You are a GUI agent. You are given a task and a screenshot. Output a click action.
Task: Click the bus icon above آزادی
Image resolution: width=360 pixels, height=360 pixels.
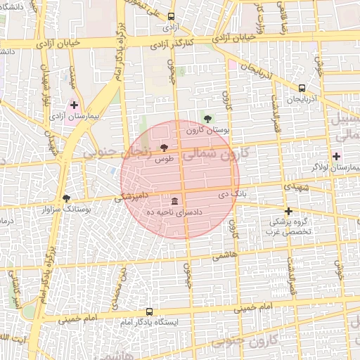(x=172, y=16)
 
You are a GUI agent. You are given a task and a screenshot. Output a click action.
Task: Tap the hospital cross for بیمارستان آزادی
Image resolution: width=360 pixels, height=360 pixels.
(x=74, y=105)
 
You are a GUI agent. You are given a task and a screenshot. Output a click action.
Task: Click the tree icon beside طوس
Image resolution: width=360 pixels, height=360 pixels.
(x=164, y=148)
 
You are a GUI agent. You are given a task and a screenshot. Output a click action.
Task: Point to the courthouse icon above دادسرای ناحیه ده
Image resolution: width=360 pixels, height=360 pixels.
(x=174, y=200)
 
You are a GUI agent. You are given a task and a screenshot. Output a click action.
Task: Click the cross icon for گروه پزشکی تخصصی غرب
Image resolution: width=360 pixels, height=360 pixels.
(x=288, y=210)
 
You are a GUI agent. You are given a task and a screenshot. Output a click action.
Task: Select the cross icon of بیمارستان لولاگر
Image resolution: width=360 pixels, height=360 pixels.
(x=337, y=156)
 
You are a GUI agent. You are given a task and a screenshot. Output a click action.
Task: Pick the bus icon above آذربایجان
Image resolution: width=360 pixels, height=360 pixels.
(x=302, y=89)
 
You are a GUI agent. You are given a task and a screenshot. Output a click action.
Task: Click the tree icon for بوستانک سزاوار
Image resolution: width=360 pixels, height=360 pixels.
(x=67, y=198)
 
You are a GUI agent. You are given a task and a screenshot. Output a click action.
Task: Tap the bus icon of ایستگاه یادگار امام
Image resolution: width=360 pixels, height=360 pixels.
(x=149, y=311)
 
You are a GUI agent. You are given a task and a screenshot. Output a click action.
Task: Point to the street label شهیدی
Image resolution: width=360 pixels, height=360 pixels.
(x=294, y=188)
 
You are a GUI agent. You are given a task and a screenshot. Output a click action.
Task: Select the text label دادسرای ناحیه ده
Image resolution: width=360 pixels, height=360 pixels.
(x=174, y=212)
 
